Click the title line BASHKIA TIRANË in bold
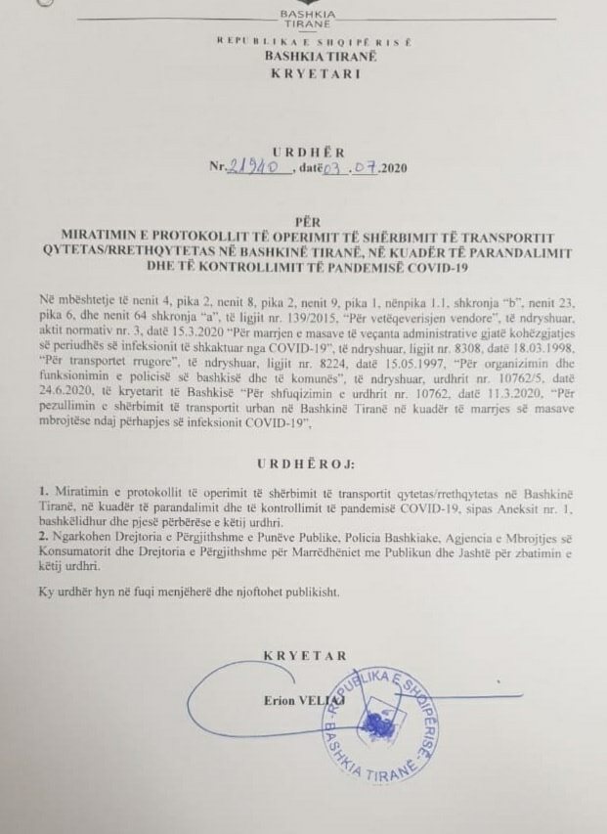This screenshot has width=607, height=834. click(304, 58)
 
